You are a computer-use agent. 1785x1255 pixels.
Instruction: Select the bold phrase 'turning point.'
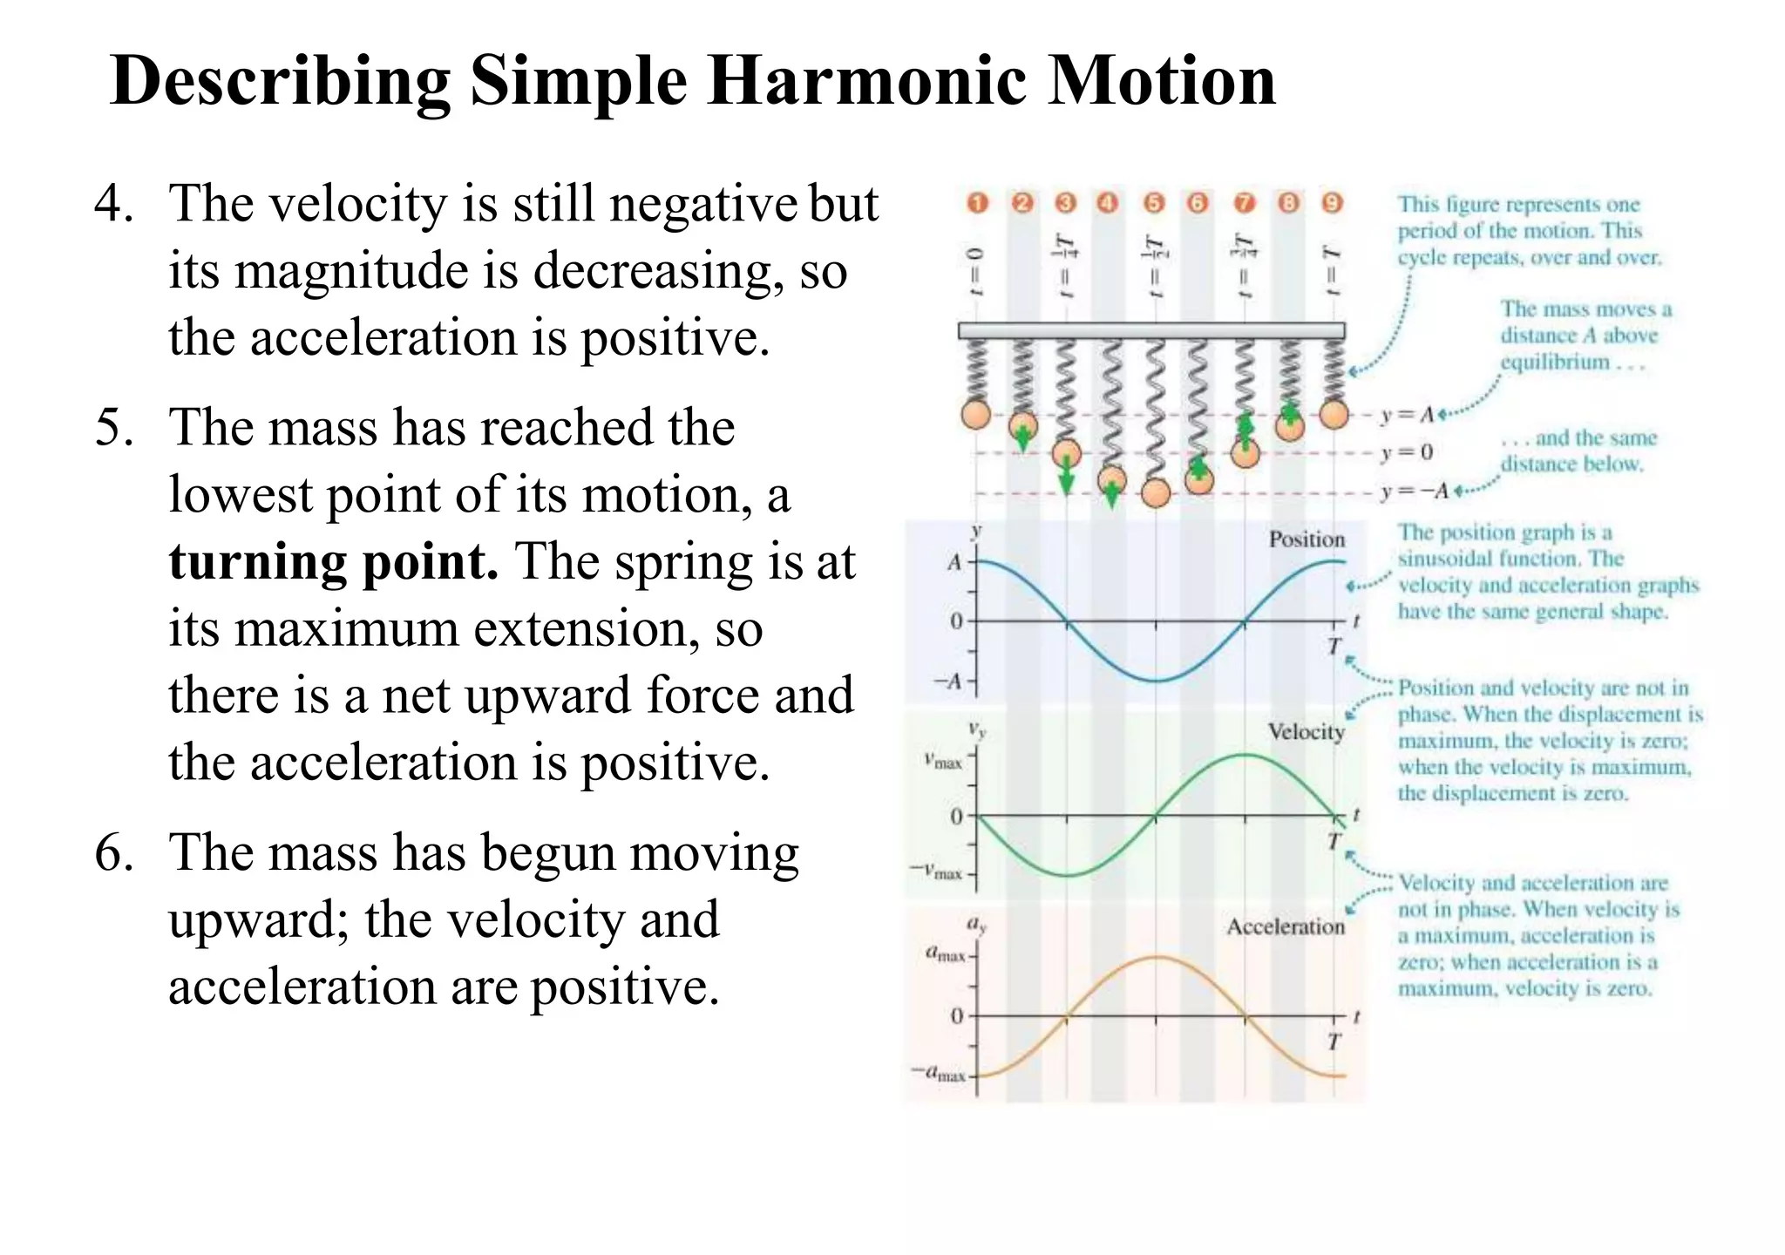coord(334,562)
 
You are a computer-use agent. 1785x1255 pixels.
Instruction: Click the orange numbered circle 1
coord(978,203)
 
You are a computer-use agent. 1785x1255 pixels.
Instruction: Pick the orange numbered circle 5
coord(1154,203)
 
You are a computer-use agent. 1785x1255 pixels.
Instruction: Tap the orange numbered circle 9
coord(1332,203)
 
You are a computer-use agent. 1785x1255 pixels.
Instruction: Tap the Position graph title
coord(1307,539)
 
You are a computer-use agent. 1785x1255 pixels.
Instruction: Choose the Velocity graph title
coord(1306,732)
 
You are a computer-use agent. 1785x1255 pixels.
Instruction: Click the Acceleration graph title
coord(1286,926)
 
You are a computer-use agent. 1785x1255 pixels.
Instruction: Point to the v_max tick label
coord(944,763)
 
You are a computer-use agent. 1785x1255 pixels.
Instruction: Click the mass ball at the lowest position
coord(1155,493)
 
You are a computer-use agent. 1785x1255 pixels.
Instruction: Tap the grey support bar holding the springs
coord(1150,330)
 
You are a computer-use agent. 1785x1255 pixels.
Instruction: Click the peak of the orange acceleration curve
coord(1156,957)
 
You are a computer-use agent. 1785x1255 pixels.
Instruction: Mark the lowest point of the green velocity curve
coord(1067,875)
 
